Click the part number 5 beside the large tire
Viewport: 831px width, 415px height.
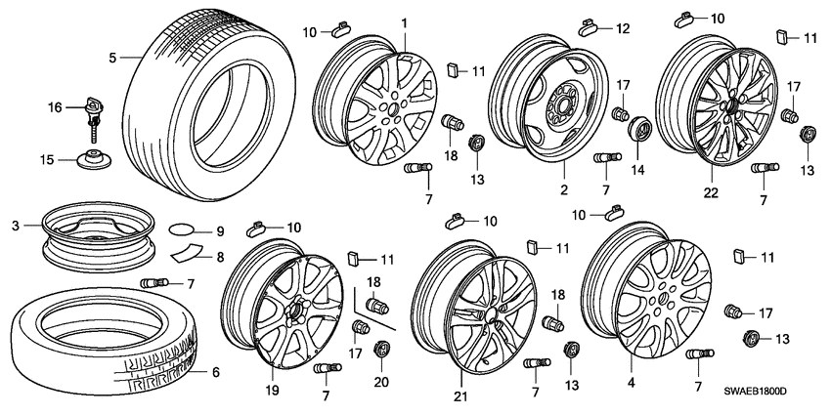(x=112, y=58)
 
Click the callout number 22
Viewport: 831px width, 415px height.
(x=711, y=192)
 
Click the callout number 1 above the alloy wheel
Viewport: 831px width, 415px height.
(x=403, y=21)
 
